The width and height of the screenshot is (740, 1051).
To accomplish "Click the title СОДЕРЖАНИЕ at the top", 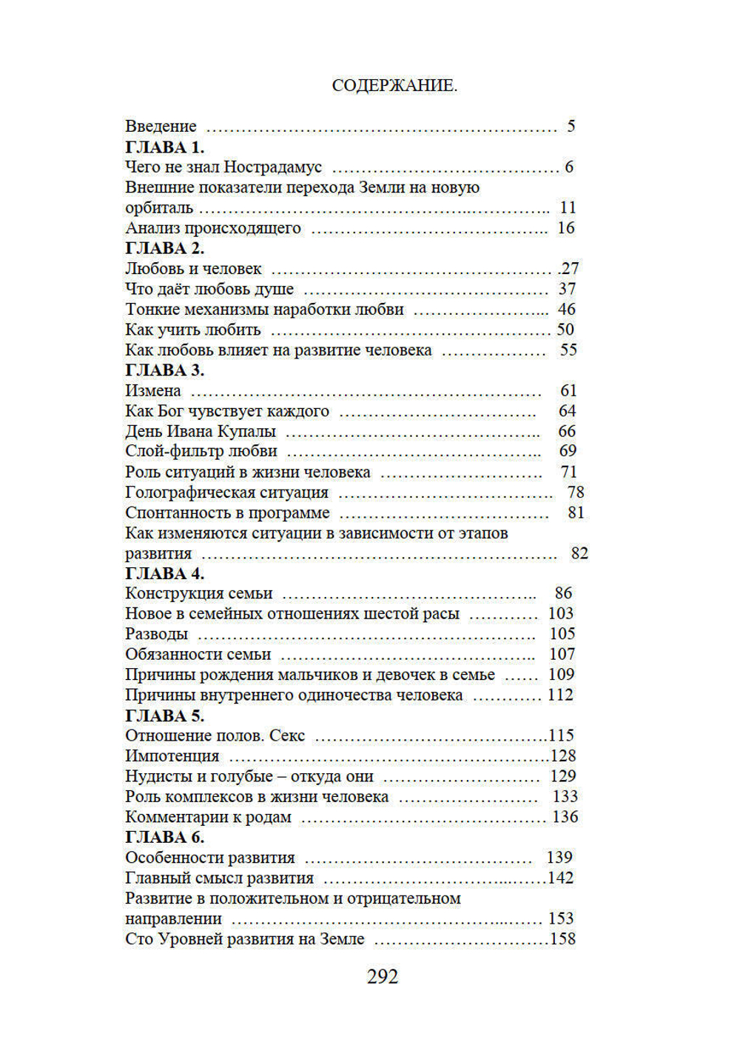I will pos(394,86).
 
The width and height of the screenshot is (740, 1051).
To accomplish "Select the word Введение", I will pos(161,127).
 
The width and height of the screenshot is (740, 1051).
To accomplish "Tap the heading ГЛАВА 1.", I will pos(164,147).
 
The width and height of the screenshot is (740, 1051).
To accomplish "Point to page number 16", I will pos(565,228).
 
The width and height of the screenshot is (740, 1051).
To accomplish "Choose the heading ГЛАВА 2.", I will pos(164,248).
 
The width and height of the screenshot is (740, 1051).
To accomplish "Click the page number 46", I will pos(566,310).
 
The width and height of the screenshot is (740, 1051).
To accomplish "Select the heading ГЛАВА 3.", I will pos(164,370).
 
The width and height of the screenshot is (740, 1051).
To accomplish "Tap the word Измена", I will pos(152,391).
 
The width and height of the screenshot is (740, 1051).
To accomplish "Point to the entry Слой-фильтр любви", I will pos(201,451).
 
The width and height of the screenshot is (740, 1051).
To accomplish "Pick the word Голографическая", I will pos(189,493).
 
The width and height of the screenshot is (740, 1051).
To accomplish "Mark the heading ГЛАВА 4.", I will pos(164,574).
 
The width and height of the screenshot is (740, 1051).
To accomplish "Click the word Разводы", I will pos(156,635).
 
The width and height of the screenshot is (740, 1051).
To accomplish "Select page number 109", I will pos(561,675).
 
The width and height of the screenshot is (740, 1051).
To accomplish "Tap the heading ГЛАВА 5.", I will pos(164,716).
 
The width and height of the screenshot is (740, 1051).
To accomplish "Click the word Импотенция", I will pos(172,756).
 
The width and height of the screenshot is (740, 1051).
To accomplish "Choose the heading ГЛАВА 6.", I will pos(164,838).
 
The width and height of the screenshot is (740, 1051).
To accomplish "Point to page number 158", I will pos(562,939).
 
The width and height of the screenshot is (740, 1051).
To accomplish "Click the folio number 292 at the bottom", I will pos(383,977).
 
